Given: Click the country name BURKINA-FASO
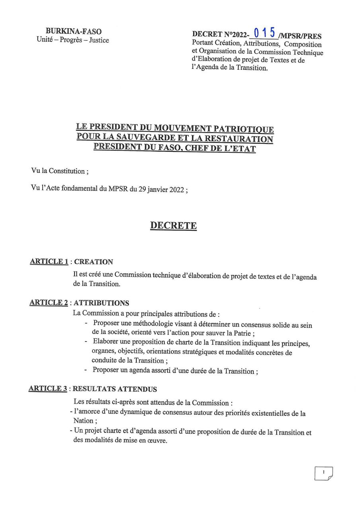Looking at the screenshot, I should (74, 31).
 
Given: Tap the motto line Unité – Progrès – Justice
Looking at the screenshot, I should (72, 40).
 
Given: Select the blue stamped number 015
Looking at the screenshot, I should (264, 32).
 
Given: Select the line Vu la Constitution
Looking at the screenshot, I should (60, 171).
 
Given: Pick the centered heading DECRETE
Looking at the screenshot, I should (173, 226).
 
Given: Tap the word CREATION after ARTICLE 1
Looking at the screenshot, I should (94, 262).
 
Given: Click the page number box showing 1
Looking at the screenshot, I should (323, 473).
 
